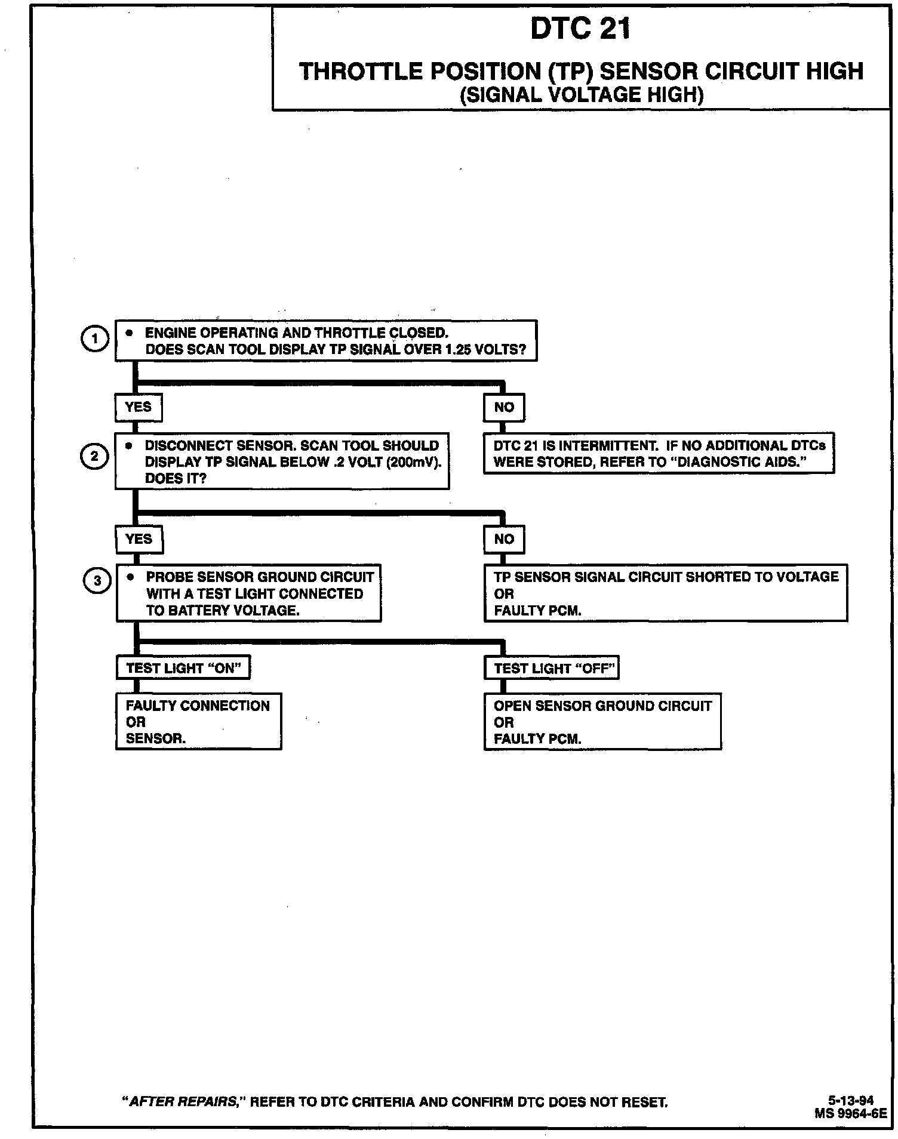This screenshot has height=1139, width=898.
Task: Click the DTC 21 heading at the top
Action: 580,28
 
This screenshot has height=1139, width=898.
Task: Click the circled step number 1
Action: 94,339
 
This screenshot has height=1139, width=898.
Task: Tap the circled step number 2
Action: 94,457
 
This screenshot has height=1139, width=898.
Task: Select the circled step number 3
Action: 97,581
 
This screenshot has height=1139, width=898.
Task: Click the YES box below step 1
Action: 138,407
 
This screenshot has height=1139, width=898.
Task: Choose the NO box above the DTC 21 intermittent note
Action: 504,407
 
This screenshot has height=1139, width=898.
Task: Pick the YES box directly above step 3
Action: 139,539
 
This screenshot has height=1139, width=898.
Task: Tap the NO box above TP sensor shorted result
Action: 504,539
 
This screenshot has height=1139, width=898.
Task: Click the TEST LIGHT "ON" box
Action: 183,668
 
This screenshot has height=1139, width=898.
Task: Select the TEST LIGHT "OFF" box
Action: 552,668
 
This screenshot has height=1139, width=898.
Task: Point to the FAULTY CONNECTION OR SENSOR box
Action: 198,722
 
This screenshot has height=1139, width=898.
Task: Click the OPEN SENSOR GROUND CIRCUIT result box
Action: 602,722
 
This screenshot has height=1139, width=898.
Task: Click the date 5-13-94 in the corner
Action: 850,1100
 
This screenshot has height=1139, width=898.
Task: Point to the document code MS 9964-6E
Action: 850,1113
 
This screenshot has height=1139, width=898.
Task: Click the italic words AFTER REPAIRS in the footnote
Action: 183,1102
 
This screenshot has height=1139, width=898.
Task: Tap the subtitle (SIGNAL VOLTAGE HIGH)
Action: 581,95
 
